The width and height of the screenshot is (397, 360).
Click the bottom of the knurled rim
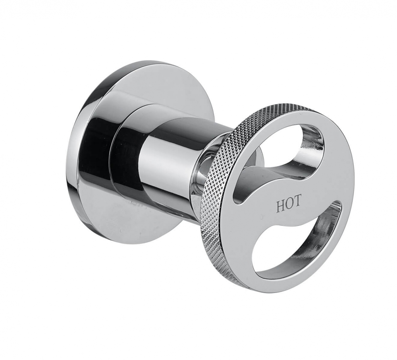pyautogui.click(x=238, y=274)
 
